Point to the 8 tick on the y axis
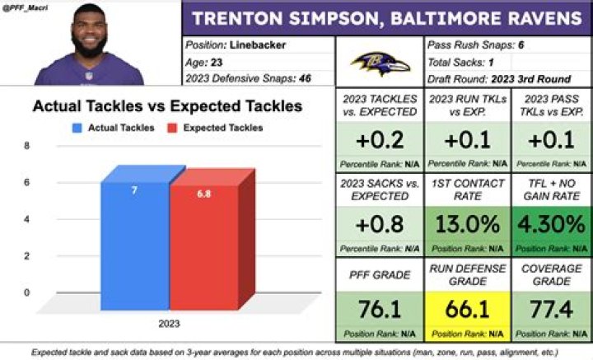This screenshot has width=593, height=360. tap(27, 146)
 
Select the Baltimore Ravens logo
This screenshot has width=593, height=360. tap(380, 61)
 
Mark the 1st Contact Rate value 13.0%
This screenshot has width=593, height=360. tap(465, 225)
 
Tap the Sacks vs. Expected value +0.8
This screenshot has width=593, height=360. tap(379, 225)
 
